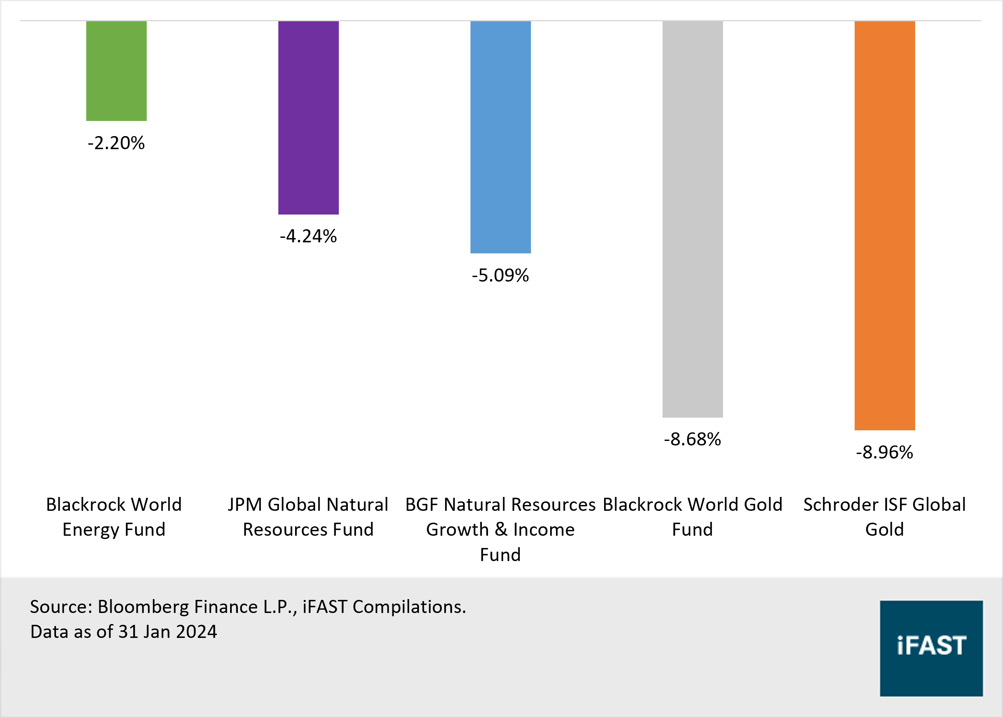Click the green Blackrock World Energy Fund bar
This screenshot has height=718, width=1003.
click(116, 71)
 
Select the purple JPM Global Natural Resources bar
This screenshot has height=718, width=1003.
click(308, 118)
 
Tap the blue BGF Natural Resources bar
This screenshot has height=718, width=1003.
click(500, 137)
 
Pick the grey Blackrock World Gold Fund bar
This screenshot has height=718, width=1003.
click(692, 219)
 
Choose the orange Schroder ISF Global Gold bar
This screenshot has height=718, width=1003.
click(884, 226)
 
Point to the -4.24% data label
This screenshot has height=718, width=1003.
click(308, 237)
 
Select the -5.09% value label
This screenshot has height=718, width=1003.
click(500, 275)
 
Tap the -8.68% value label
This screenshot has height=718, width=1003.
click(692, 439)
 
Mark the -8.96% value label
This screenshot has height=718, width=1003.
click(884, 452)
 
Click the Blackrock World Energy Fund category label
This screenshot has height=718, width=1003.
click(114, 517)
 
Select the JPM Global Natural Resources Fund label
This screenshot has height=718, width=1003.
click(308, 517)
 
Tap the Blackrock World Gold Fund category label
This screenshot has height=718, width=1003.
click(692, 517)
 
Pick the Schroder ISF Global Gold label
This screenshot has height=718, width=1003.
click(884, 517)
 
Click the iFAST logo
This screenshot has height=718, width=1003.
click(931, 648)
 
